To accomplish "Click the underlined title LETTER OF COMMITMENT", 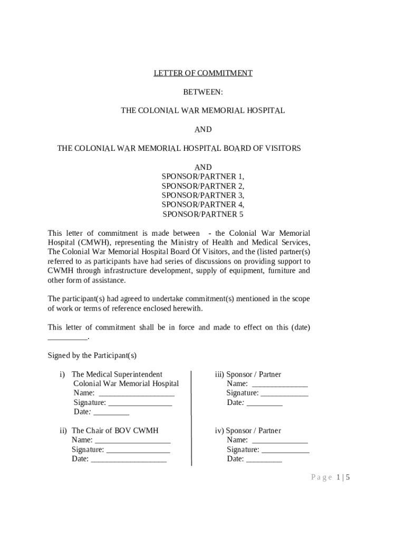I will (x=203, y=73).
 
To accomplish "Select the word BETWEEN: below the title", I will (x=203, y=92).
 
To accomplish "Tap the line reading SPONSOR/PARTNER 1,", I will (x=203, y=177).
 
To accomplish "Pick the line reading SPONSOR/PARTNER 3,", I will (x=203, y=196).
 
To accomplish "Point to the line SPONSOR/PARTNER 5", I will (x=203, y=215).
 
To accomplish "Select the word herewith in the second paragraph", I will (x=188, y=308).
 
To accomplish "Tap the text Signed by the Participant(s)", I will (x=92, y=355).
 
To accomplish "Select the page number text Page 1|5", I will (x=331, y=478).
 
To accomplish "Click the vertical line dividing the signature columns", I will (x=191, y=417).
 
